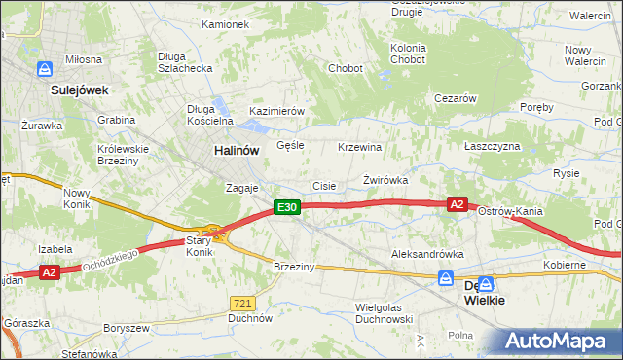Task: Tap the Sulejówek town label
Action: pyautogui.click(x=79, y=90)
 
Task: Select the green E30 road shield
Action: pyautogui.click(x=285, y=207)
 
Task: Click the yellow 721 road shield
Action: pyautogui.click(x=243, y=304)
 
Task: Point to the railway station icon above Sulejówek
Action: pyautogui.click(x=45, y=69)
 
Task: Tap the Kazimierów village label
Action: pyautogui.click(x=277, y=111)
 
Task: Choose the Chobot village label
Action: pyautogui.click(x=346, y=69)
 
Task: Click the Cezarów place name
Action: pyautogui.click(x=455, y=98)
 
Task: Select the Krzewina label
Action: pyautogui.click(x=359, y=147)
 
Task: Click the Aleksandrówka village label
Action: pyautogui.click(x=427, y=253)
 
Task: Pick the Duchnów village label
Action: pyautogui.click(x=248, y=317)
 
